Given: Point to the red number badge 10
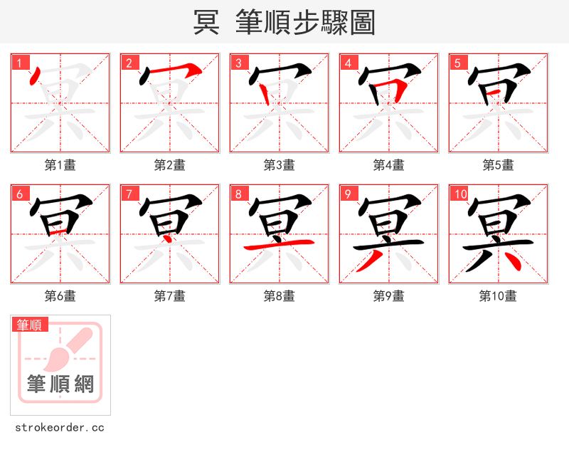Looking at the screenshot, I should [459, 194].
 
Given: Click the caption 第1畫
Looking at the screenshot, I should [60, 165].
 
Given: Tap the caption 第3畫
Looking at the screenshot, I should [280, 165].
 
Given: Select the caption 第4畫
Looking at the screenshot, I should [389, 165].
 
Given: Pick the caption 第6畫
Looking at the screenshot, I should [60, 296].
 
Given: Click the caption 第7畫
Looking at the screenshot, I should [170, 296].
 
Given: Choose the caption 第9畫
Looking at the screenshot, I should [389, 296].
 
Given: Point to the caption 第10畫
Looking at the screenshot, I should [498, 296].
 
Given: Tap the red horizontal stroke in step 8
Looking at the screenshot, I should [280, 244].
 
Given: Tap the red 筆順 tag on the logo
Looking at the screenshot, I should [31, 325].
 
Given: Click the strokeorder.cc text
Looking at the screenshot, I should [60, 428].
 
